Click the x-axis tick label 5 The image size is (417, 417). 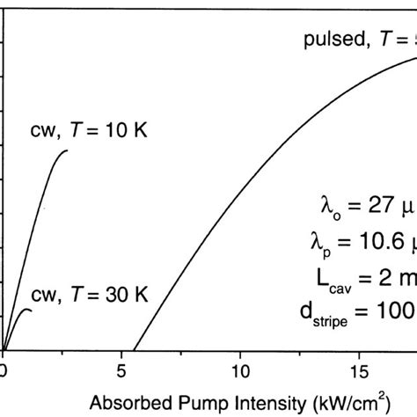point(121,370)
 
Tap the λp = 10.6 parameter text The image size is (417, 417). point(361,241)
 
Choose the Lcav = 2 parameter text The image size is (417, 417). point(362,274)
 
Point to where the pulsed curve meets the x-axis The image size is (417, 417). point(134,350)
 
